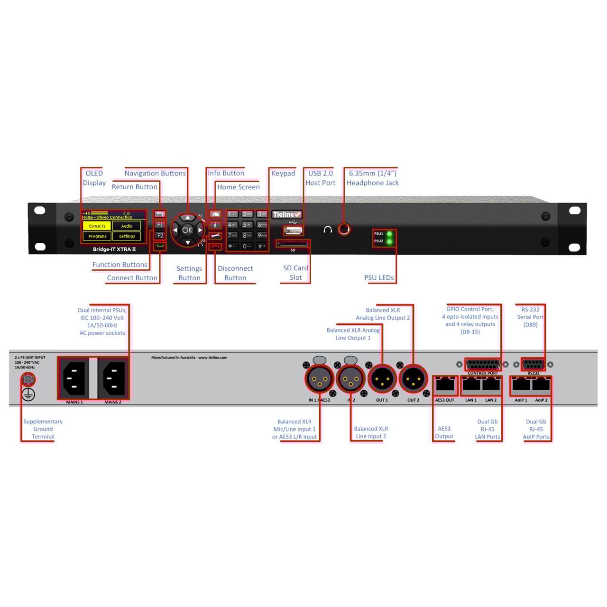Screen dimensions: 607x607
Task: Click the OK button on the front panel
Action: coord(187,230)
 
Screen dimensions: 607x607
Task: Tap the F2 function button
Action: coord(160,236)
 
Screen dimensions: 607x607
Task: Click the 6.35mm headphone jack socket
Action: coord(344,230)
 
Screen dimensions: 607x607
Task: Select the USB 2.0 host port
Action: coord(293,230)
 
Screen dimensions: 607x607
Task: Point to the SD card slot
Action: coord(293,244)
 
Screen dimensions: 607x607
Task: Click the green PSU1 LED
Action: coord(390,234)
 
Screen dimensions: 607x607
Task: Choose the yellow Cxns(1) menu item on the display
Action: coord(97,226)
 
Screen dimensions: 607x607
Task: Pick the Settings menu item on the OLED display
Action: coord(127,236)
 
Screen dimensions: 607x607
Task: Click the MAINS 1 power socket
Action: coord(74,378)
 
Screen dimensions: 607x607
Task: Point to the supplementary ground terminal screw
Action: coord(28,379)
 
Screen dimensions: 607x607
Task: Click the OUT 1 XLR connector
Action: coord(382,379)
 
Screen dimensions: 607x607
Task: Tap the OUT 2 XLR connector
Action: coord(413,379)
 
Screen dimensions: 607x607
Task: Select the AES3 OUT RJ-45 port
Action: coord(445,385)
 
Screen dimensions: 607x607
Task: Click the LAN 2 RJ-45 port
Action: coord(491,385)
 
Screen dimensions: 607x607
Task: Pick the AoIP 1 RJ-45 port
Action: coord(521,385)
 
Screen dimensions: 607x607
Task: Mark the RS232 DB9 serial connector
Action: coord(533,364)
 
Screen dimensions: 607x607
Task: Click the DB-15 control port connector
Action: coord(483,365)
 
